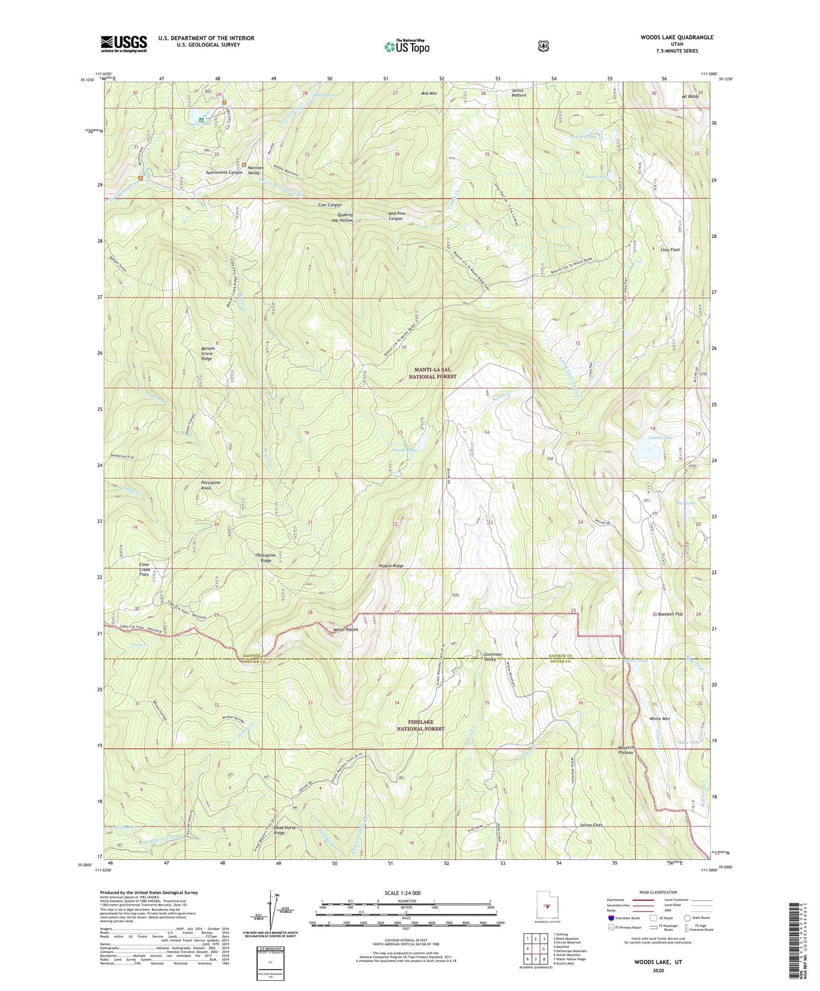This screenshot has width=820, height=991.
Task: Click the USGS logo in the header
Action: click(124, 44)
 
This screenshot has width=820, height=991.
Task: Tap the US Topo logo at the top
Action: click(406, 47)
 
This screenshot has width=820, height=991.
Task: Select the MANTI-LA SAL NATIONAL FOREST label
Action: click(434, 373)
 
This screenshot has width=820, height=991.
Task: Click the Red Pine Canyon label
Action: click(396, 216)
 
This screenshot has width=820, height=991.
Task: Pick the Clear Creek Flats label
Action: click(144, 569)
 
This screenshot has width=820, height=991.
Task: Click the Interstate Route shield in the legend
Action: click(611, 918)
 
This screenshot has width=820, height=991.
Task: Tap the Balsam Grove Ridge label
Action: click(207, 354)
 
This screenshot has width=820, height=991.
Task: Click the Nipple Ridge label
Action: click(392, 566)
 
